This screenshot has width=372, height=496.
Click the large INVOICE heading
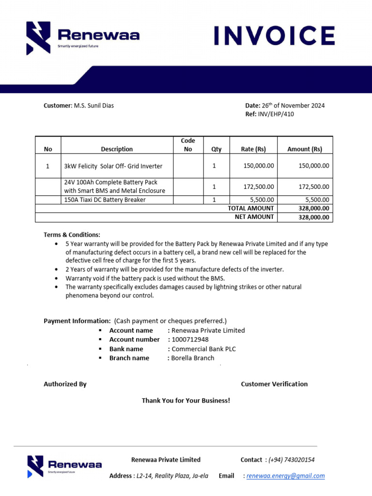pos(274,36)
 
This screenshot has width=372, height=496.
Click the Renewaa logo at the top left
pos(83,38)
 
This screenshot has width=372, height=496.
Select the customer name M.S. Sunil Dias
pos(93,106)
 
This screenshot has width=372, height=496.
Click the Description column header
pos(117,149)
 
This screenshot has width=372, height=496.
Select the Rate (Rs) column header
pos(253,149)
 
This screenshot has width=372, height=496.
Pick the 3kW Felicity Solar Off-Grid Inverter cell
pos(113,166)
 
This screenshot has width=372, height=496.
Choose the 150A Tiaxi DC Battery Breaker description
pos(105,200)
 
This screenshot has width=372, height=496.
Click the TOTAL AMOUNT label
pos(250,208)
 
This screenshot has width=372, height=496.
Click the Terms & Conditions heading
pos(72,235)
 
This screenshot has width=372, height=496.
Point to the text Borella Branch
pos(192,358)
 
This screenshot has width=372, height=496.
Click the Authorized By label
pos(65,384)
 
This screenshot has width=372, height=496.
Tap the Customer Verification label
pos(274,384)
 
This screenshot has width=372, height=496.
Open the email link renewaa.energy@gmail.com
pos(285,476)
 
